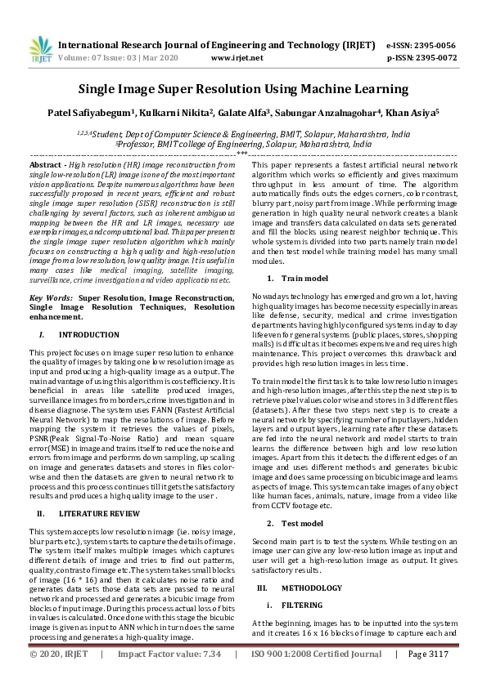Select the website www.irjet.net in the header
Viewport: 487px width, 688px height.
tap(238, 59)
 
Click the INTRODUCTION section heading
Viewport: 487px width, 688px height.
tap(83, 335)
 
